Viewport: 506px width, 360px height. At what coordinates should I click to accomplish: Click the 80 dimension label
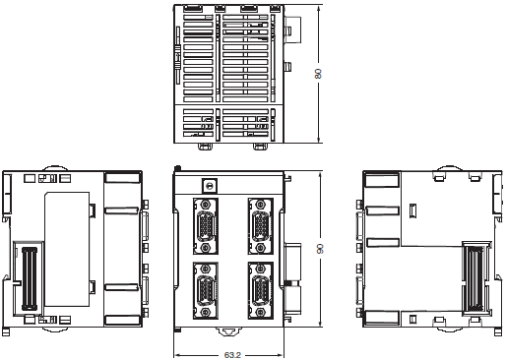[x=318, y=74]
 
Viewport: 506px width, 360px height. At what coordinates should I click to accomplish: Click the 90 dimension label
[x=320, y=249]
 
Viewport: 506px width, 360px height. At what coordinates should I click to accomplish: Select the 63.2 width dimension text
[x=232, y=355]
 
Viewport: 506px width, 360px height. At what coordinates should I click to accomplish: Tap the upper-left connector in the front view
[x=206, y=226]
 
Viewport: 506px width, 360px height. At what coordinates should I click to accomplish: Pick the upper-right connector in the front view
[x=261, y=226]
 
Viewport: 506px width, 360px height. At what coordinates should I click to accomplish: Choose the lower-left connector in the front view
[x=206, y=290]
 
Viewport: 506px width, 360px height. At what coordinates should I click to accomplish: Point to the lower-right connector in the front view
[x=261, y=290]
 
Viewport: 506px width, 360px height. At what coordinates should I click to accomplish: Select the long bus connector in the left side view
[x=30, y=278]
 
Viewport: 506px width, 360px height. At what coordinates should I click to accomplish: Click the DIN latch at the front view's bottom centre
[x=228, y=331]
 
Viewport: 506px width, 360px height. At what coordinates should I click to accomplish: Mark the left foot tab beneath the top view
[x=205, y=147]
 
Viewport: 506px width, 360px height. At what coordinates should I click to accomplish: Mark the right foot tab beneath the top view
[x=260, y=147]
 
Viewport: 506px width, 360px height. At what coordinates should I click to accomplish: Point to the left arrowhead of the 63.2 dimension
[x=176, y=355]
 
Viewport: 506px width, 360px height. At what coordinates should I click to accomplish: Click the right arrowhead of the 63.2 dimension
[x=281, y=355]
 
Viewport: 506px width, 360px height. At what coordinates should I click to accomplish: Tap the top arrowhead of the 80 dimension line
[x=318, y=8]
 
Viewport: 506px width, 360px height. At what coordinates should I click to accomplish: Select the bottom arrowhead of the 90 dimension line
[x=320, y=324]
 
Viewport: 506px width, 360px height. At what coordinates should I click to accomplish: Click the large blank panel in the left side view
[x=67, y=249]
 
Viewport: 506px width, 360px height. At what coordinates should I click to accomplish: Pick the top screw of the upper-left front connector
[x=206, y=204]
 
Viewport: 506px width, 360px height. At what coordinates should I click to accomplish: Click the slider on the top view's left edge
[x=177, y=56]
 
